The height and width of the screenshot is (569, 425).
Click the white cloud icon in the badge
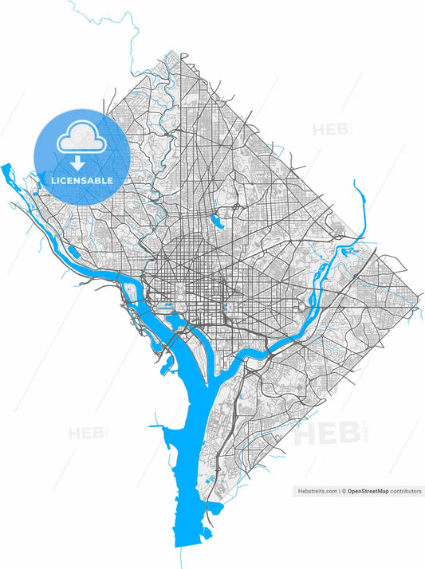pos(80,139)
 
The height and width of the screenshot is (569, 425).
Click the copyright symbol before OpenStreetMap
pos(344,492)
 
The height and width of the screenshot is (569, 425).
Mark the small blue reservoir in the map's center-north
pos(216,221)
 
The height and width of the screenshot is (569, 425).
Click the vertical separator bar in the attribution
pos(339,492)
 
